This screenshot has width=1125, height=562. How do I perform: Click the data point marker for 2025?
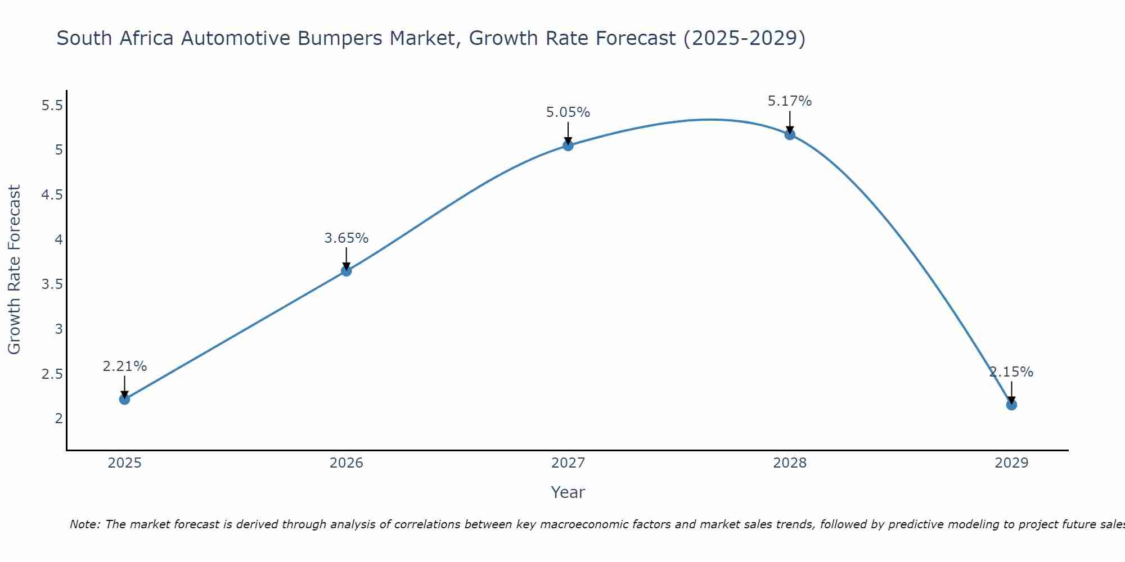coord(124,399)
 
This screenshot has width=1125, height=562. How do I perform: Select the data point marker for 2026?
coord(346,271)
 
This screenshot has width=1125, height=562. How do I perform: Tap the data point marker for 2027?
coord(568,146)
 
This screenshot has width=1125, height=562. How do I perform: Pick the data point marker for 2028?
coord(789,134)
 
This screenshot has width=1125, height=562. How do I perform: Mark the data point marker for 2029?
coord(1011,405)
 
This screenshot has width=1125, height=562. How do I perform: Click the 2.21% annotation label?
coord(124,366)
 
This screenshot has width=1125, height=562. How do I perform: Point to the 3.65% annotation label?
coord(346,238)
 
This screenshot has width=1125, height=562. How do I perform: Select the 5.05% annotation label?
coord(568,112)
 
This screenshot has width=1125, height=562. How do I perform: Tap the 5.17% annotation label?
coord(789,101)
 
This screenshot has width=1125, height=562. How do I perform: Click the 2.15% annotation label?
coord(1011,372)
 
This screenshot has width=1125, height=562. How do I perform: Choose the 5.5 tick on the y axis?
coord(52,105)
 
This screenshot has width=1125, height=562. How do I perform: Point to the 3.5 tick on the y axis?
coord(52,284)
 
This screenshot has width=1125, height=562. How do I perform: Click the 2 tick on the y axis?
coord(58,418)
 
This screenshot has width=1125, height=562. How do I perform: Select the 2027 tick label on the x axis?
coord(568,463)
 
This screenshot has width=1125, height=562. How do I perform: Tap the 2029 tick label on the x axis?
coord(1011,463)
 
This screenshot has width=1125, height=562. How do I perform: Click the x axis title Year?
coord(568,492)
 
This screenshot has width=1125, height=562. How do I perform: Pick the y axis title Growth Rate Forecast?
coord(14,269)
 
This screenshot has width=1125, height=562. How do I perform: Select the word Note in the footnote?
coord(84,524)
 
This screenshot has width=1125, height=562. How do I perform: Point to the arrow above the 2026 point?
coord(346,259)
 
